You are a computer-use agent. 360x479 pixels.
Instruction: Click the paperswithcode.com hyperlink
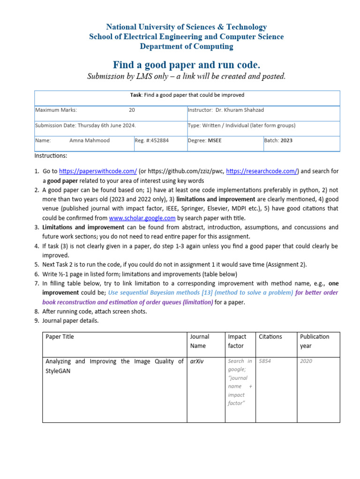pyautogui.click(x=97, y=172)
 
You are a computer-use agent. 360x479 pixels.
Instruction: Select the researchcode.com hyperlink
pyautogui.click(x=262, y=172)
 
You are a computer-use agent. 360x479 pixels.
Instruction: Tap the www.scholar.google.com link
pyautogui.click(x=142, y=218)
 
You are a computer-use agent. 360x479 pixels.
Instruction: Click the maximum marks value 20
pyautogui.click(x=132, y=110)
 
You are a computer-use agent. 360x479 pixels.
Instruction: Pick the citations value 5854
pyautogui.click(x=264, y=361)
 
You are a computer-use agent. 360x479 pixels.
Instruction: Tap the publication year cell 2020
pyautogui.click(x=306, y=361)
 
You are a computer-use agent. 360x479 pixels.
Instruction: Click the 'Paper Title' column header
pyautogui.click(x=60, y=337)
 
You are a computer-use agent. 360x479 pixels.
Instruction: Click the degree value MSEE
pyautogui.click(x=216, y=140)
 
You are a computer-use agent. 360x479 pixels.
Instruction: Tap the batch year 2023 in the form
pyautogui.click(x=286, y=140)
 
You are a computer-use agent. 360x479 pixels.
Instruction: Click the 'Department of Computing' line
pyautogui.click(x=186, y=46)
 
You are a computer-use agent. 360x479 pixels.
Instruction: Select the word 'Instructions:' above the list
pyautogui.click(x=51, y=156)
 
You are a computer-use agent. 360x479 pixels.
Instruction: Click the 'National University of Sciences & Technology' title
pyautogui.click(x=186, y=27)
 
